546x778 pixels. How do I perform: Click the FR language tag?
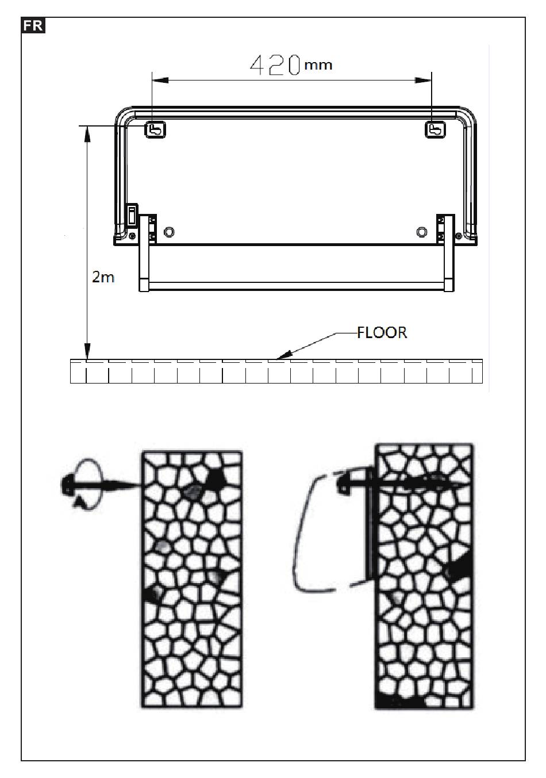tap(33, 26)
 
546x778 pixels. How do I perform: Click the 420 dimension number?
tap(275, 66)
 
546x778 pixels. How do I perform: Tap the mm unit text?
tap(318, 65)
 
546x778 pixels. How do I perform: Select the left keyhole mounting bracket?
tap(154, 130)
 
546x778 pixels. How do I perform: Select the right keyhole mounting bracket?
tap(435, 130)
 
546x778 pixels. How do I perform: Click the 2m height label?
tap(103, 277)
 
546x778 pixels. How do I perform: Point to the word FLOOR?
tap(382, 333)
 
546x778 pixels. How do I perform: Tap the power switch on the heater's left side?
tap(132, 217)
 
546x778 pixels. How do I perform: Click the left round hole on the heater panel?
tap(170, 232)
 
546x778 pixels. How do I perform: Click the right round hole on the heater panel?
tap(421, 232)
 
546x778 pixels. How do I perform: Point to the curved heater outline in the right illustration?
tap(305, 535)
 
